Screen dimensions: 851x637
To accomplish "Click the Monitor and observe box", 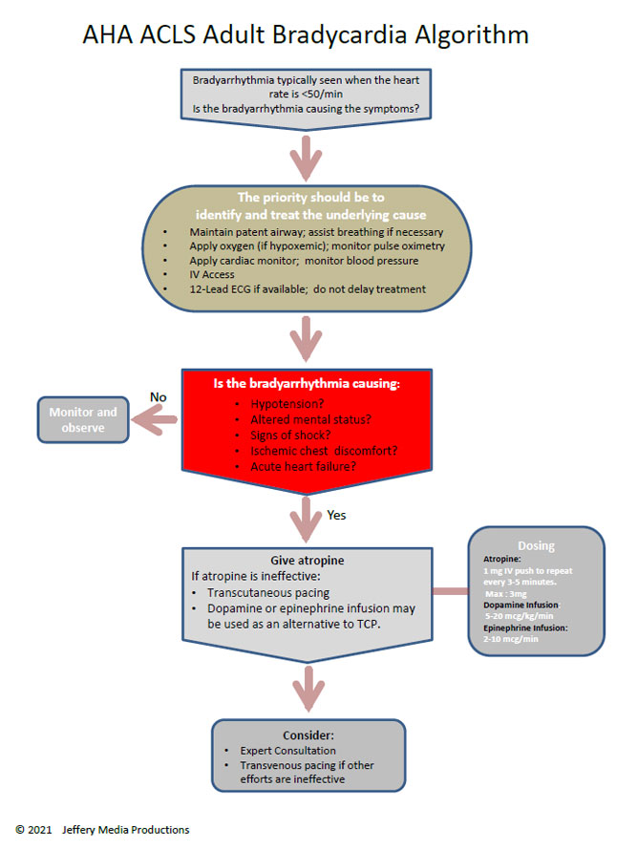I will [x=82, y=420].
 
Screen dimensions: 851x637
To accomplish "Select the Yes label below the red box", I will [x=336, y=515].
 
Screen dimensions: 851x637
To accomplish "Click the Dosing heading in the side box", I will [x=535, y=546].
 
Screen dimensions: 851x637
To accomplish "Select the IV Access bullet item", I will [x=212, y=275].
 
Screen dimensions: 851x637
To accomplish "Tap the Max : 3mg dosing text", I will [x=505, y=592].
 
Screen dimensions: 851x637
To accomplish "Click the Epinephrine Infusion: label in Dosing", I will [x=525, y=628].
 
